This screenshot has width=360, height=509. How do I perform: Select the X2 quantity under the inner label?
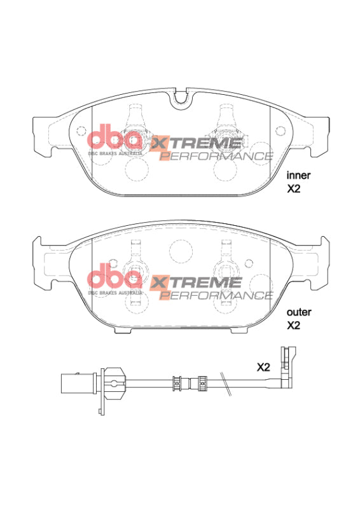pyautogui.click(x=293, y=189)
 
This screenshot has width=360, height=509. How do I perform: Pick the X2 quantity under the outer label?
pyautogui.click(x=293, y=326)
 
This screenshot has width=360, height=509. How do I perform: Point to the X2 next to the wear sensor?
pyautogui.click(x=264, y=367)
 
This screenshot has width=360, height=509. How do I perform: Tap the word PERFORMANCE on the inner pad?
pyautogui.click(x=216, y=157)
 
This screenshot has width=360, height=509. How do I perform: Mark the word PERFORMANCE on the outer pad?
pyautogui.click(x=216, y=295)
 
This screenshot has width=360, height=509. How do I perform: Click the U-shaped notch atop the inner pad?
pyautogui.click(x=181, y=97)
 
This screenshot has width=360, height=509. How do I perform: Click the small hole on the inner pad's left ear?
pyautogui.click(x=80, y=131)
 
